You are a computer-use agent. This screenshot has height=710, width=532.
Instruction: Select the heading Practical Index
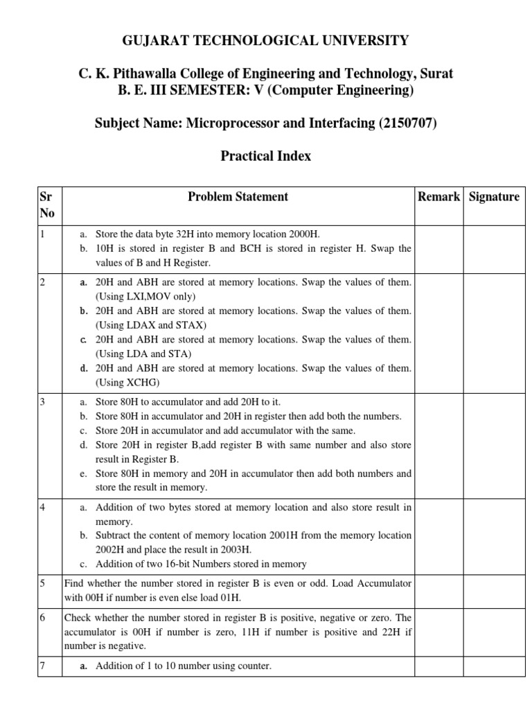tap(266, 156)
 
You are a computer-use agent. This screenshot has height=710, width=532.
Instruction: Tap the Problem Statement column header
tap(238, 197)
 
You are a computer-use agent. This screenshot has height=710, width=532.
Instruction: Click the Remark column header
tap(438, 197)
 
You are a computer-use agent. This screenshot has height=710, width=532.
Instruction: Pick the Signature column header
tap(493, 197)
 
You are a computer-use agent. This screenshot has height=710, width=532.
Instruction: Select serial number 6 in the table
tap(42, 618)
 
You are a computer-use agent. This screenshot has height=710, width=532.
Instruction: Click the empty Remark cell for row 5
tap(438, 591)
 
